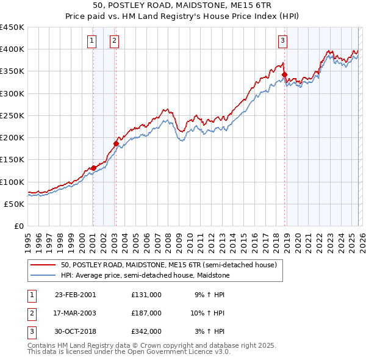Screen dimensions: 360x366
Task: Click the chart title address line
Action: click(x=183, y=5)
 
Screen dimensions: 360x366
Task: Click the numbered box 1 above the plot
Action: click(x=92, y=41)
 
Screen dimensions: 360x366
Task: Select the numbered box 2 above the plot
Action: click(x=114, y=41)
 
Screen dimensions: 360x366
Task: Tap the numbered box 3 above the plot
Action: click(x=283, y=41)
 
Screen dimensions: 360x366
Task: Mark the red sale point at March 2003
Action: click(x=116, y=143)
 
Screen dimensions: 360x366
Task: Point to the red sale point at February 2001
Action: click(x=93, y=168)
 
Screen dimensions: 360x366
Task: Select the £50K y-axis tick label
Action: click(x=15, y=204)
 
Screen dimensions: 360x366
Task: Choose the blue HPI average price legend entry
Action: click(x=144, y=276)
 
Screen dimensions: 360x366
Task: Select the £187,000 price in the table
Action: click(x=146, y=313)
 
